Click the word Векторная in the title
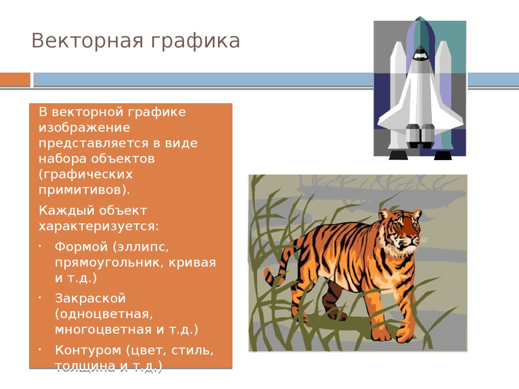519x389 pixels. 87,41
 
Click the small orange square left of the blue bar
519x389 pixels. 15,80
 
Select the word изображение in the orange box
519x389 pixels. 85,128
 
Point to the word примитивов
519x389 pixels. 84,190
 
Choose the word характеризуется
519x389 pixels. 99,226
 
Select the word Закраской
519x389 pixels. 90,298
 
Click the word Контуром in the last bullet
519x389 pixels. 88,351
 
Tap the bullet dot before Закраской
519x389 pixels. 40,298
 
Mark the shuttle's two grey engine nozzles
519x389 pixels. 420,136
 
